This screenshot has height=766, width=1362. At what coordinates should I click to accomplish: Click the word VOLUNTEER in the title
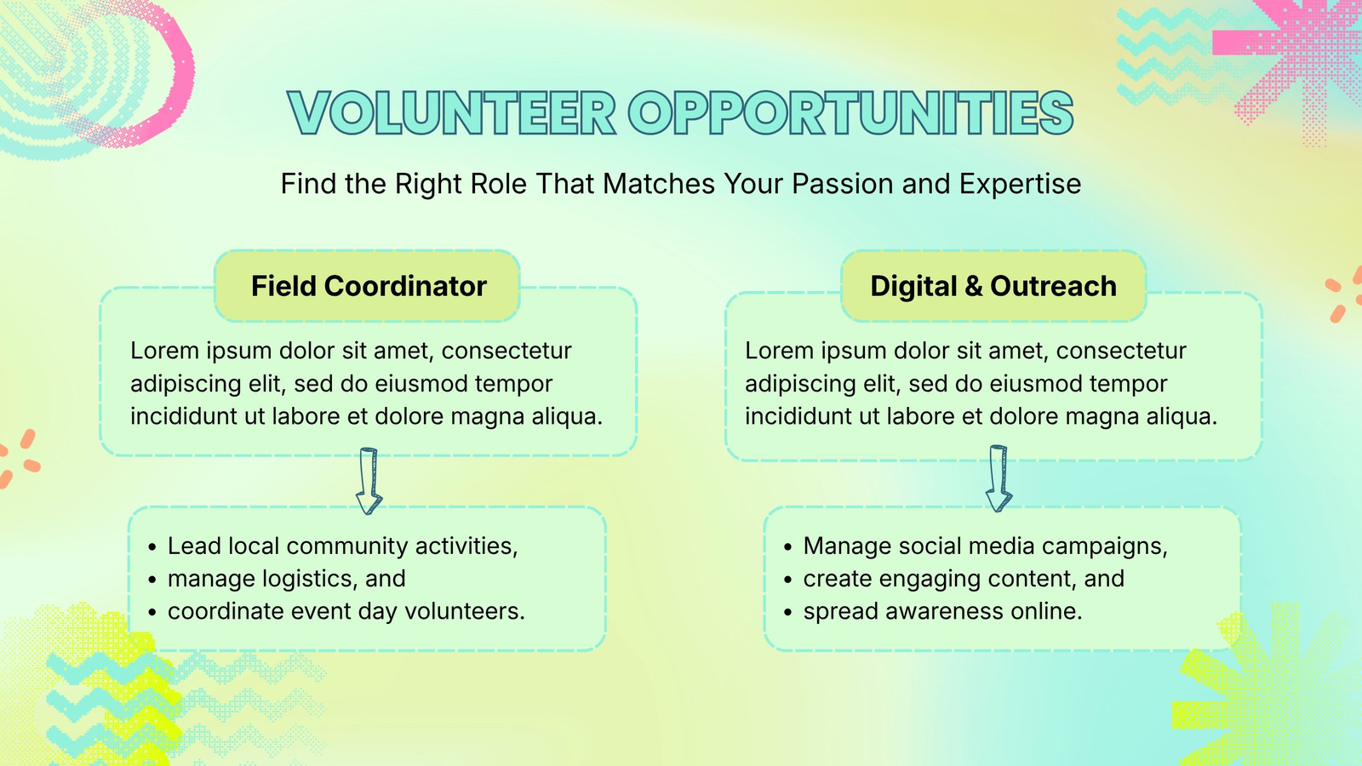pos(452,113)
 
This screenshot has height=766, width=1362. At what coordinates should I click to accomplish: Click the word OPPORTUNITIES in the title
pos(850,113)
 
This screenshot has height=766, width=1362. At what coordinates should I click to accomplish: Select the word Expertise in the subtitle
pos(1021,185)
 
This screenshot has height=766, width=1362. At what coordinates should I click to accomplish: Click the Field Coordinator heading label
pos(369,286)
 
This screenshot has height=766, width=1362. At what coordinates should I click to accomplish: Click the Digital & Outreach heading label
pos(993,286)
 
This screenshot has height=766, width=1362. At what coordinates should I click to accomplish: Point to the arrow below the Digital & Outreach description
pos(999,478)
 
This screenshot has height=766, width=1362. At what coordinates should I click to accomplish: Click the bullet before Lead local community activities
pos(152,547)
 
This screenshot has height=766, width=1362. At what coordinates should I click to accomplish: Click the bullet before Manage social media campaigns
pos(788,547)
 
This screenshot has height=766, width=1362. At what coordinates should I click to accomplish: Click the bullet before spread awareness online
pos(788,612)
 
